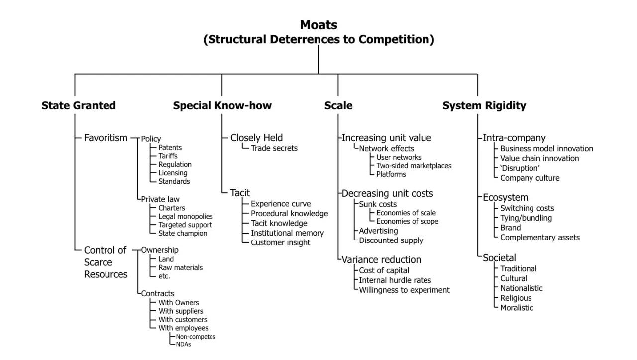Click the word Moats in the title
pos(318,25)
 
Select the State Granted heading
pos(79,105)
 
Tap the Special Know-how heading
pos(222,105)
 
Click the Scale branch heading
pos(338,105)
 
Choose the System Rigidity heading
pos(484,105)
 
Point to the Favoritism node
pos(106,138)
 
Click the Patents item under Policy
pos(170,147)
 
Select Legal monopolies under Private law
pos(185,216)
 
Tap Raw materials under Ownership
pos(180,267)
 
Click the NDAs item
pos(183,344)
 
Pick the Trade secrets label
pos(274,148)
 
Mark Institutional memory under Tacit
pos(287,233)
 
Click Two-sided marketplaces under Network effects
pos(414,166)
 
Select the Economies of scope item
pos(407,221)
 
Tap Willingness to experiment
pos(404,290)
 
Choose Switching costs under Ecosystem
pos(527,208)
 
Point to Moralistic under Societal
pos(517,308)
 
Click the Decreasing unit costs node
pos(387,193)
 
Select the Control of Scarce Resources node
pos(106,262)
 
